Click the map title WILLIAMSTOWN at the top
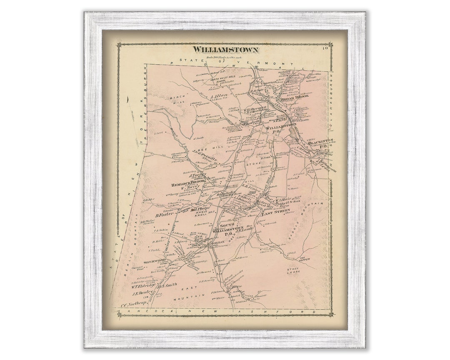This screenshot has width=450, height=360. click(x=225, y=50)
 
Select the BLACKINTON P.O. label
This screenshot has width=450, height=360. click(x=320, y=144)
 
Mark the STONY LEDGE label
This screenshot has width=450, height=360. click(x=294, y=271)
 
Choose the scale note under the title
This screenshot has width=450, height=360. click(x=225, y=57)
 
